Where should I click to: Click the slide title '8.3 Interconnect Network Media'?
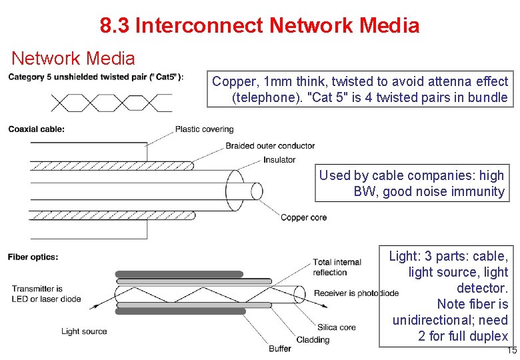coord(259,26)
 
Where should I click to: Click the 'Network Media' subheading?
coord(73,59)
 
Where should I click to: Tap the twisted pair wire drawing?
coord(111,102)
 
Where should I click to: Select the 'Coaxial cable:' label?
coord(36,129)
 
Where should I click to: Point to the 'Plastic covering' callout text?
coord(204,129)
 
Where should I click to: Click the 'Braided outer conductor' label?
coord(270,145)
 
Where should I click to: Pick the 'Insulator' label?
coord(279,160)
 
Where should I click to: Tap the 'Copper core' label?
coord(303,217)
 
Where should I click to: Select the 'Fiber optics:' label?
coord(33,257)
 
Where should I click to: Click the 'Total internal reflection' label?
coord(337,267)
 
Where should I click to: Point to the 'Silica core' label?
coord(337,327)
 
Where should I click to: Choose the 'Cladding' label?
coord(313,339)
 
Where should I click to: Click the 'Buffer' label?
coord(280,349)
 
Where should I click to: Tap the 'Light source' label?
coord(84,331)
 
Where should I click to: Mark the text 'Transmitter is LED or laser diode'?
coord(46,294)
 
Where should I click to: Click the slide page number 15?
coord(511,351)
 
